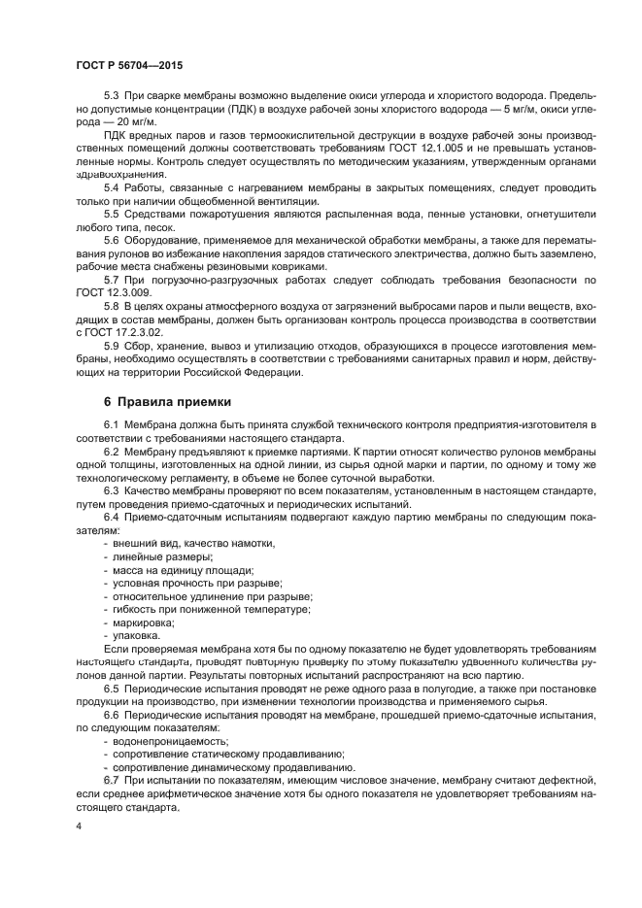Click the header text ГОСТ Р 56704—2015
[x=128, y=64]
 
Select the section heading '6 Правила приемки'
[x=167, y=401]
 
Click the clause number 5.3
[x=111, y=95]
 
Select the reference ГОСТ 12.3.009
[x=105, y=291]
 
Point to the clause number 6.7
[x=111, y=780]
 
